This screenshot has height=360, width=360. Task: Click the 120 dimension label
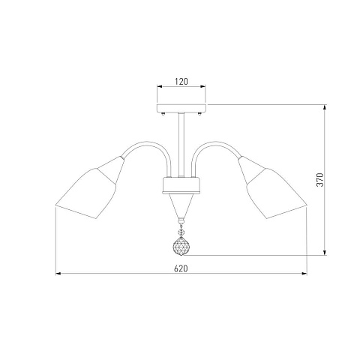[x=181, y=82]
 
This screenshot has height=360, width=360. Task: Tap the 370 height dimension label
[x=320, y=179]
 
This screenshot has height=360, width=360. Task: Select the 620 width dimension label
[x=181, y=268]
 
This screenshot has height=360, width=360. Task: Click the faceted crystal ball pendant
[x=181, y=246]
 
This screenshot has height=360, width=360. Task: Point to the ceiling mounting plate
[x=181, y=108]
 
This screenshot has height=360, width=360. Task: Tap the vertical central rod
[x=181, y=145]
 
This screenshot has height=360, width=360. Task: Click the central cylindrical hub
[x=181, y=185]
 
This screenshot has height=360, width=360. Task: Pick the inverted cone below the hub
[x=181, y=205]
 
